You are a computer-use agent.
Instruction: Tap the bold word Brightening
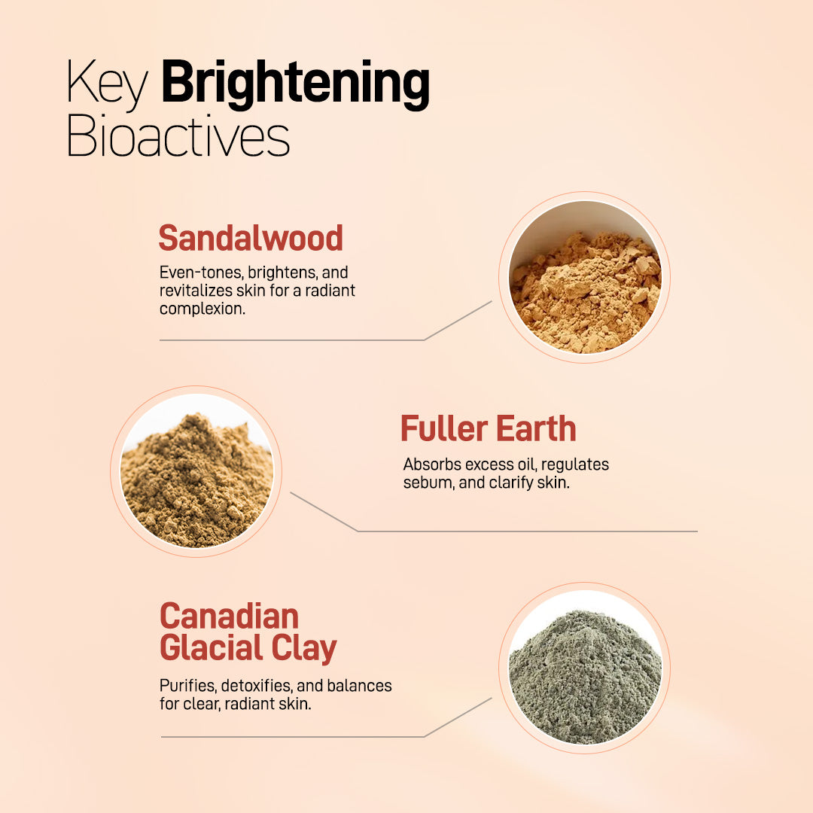pyautogui.click(x=296, y=84)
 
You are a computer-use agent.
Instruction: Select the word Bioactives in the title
pyautogui.click(x=178, y=135)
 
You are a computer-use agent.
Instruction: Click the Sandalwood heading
pyautogui.click(x=251, y=238)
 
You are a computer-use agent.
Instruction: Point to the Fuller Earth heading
pyautogui.click(x=489, y=429)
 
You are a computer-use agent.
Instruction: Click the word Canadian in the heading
pyautogui.click(x=229, y=617)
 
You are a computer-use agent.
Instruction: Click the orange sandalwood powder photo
pyautogui.click(x=584, y=277)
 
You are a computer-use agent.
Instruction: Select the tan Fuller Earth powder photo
pyautogui.click(x=196, y=470)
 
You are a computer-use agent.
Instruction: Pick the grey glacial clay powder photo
pyautogui.click(x=584, y=668)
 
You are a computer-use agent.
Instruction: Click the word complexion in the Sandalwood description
pyautogui.click(x=202, y=309)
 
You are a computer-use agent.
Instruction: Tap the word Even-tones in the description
pyautogui.click(x=201, y=273)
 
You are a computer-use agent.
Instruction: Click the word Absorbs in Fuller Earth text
pyautogui.click(x=432, y=464)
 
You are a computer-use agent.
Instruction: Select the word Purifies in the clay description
pyautogui.click(x=188, y=686)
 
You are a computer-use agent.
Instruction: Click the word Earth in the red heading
pyautogui.click(x=536, y=429)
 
